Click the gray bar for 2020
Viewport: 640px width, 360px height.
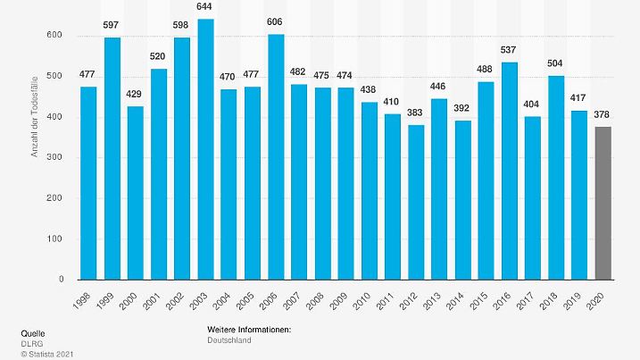[603, 203]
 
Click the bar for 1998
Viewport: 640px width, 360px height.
[88, 183]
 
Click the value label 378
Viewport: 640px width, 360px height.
[603, 115]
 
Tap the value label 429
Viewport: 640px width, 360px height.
[135, 96]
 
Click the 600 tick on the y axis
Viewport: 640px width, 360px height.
[55, 36]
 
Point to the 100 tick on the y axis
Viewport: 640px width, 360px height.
[55, 239]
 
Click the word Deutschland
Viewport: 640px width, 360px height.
[229, 340]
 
